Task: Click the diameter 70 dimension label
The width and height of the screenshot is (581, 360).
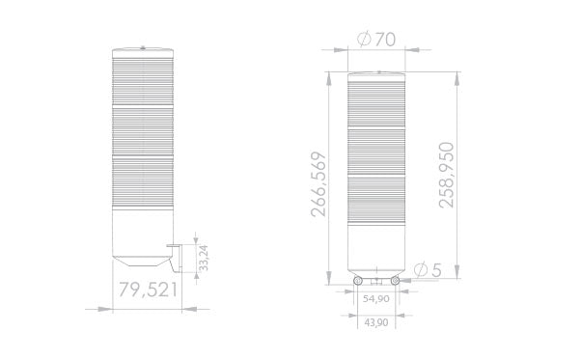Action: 376,40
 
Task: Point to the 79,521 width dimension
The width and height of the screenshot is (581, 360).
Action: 148,289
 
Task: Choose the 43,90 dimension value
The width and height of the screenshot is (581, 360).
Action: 376,321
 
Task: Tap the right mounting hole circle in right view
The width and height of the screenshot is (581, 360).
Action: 396,280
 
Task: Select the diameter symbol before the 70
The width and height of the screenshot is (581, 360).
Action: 364,40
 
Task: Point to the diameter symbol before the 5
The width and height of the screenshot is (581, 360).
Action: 420,269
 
